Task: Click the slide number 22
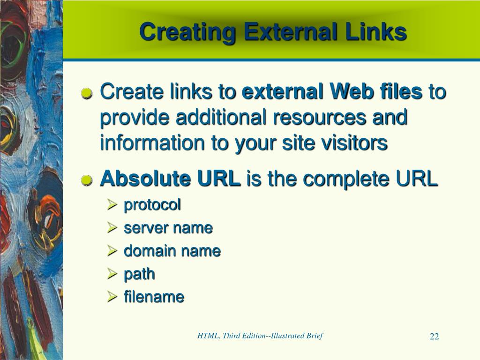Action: pyautogui.click(x=434, y=337)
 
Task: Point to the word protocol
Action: pyautogui.click(x=152, y=205)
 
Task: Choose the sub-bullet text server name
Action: pyautogui.click(x=168, y=228)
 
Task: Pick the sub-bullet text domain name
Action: pyautogui.click(x=172, y=251)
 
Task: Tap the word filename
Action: pyautogui.click(x=154, y=297)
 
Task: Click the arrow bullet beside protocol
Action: pyautogui.click(x=112, y=205)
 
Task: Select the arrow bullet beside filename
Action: pyautogui.click(x=112, y=297)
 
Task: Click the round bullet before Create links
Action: pyautogui.click(x=87, y=94)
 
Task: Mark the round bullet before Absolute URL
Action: pyautogui.click(x=87, y=180)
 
